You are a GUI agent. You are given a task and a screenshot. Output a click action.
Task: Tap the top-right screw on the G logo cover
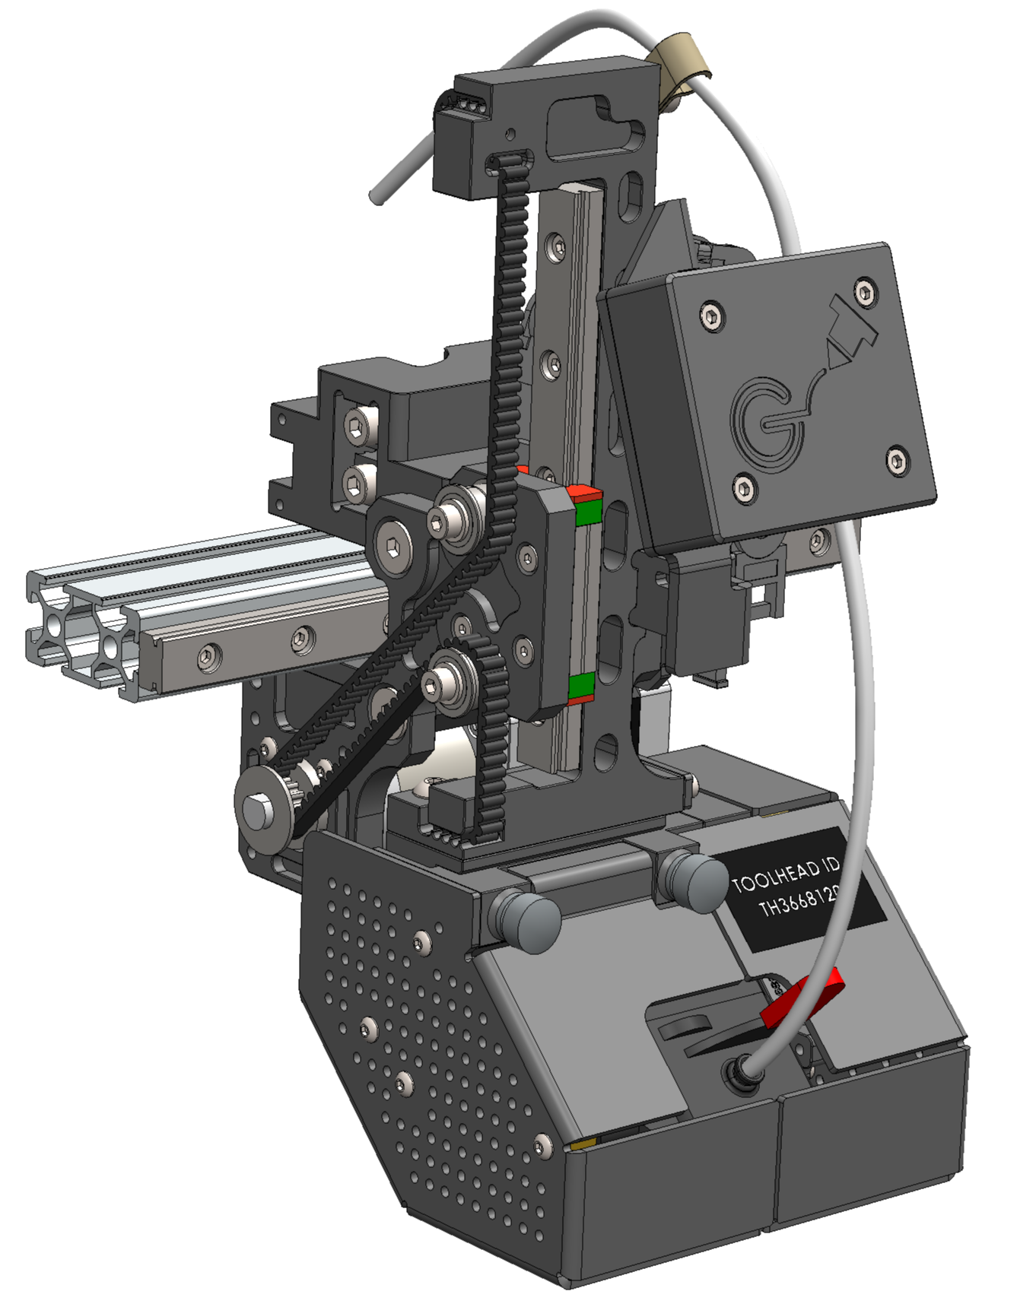point(864,290)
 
